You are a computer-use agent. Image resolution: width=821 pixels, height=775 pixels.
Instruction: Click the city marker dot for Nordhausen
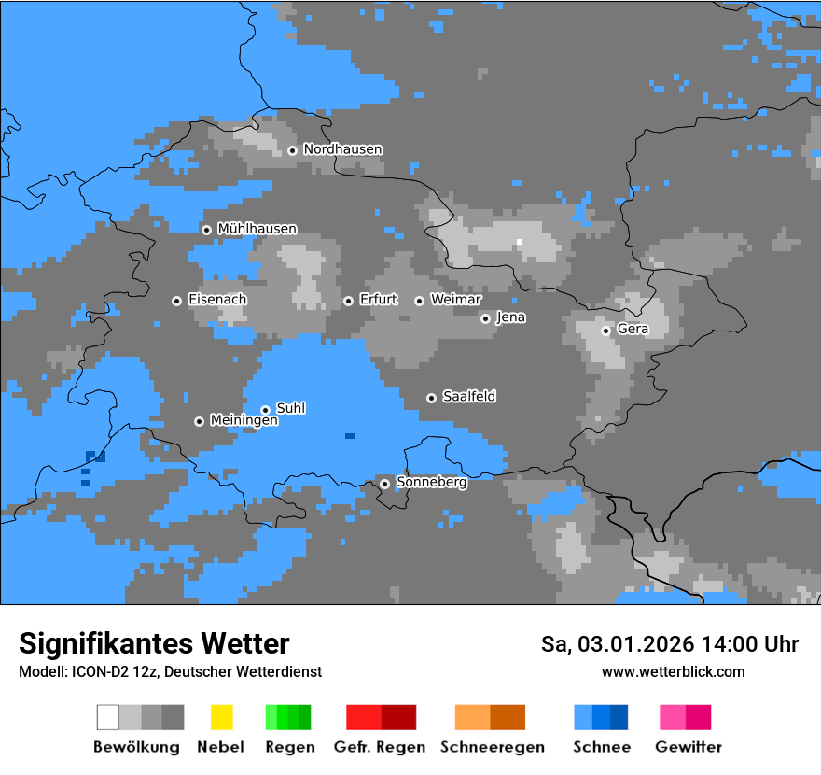click(292, 150)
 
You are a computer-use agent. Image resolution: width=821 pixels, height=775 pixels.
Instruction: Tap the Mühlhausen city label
click(257, 229)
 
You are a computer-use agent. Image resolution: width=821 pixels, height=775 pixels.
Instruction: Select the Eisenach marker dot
click(176, 301)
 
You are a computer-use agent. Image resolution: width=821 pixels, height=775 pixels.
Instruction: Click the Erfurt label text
click(378, 300)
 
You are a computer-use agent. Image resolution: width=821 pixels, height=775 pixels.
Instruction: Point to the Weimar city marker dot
click(419, 301)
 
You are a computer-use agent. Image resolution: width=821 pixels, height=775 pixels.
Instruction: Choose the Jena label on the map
click(510, 317)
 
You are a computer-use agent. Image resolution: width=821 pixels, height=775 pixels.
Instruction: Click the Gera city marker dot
click(605, 331)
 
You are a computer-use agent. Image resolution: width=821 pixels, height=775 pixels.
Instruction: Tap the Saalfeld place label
click(468, 397)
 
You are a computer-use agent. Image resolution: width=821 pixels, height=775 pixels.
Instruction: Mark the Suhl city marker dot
click(265, 410)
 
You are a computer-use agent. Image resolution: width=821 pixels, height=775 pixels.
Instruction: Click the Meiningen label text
click(244, 421)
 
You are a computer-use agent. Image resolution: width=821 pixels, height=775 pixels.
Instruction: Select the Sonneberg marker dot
click(384, 484)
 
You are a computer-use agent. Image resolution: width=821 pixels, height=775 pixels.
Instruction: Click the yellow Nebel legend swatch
click(221, 717)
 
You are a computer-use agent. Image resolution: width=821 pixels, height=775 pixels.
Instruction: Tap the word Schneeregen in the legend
click(492, 747)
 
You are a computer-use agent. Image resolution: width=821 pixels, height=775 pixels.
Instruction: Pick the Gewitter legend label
click(688, 747)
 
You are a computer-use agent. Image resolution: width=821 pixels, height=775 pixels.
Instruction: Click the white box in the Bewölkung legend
click(108, 717)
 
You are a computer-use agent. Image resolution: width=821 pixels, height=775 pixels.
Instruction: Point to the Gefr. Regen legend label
click(379, 747)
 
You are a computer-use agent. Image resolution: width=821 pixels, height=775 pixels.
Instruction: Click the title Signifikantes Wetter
click(154, 644)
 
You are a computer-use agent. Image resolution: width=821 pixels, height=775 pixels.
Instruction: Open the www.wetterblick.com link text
click(673, 671)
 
